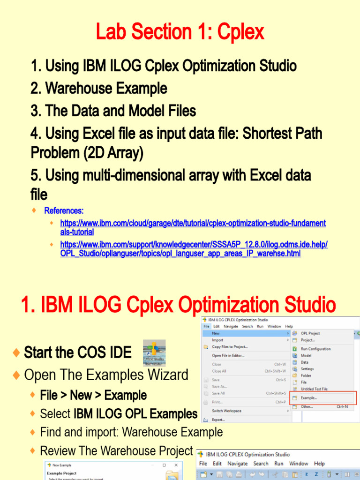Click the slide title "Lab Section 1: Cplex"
[x=180, y=32]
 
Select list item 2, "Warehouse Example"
[x=99, y=88]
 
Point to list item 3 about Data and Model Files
[x=113, y=111]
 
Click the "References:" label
[x=64, y=210]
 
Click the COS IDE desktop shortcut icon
[x=154, y=353]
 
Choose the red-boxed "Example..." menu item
[x=309, y=398]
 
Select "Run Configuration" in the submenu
[x=315, y=349]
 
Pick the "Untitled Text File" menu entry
[x=314, y=389]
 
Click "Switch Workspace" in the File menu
[x=226, y=411]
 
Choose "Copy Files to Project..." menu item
[x=230, y=347]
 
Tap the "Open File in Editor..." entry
[x=228, y=356]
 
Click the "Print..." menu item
[x=217, y=402]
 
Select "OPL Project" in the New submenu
[x=310, y=333]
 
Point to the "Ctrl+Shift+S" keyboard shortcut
[x=276, y=393]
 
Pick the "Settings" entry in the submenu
[x=307, y=369]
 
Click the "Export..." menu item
[x=218, y=420]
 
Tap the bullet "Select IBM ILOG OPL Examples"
[x=119, y=414]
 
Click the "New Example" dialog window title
[x=62, y=465]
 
